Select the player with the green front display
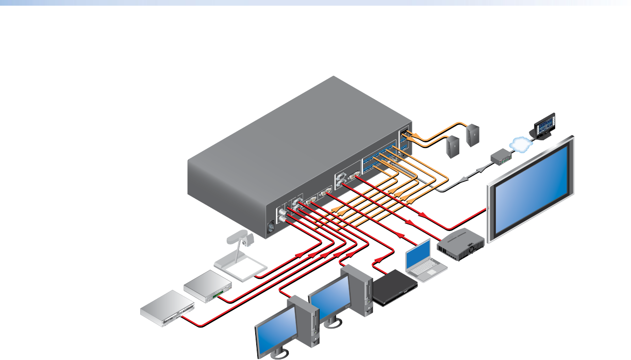pyautogui.click(x=208, y=287)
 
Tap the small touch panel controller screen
pyautogui.click(x=543, y=125)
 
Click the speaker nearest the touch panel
pyautogui.click(x=473, y=133)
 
